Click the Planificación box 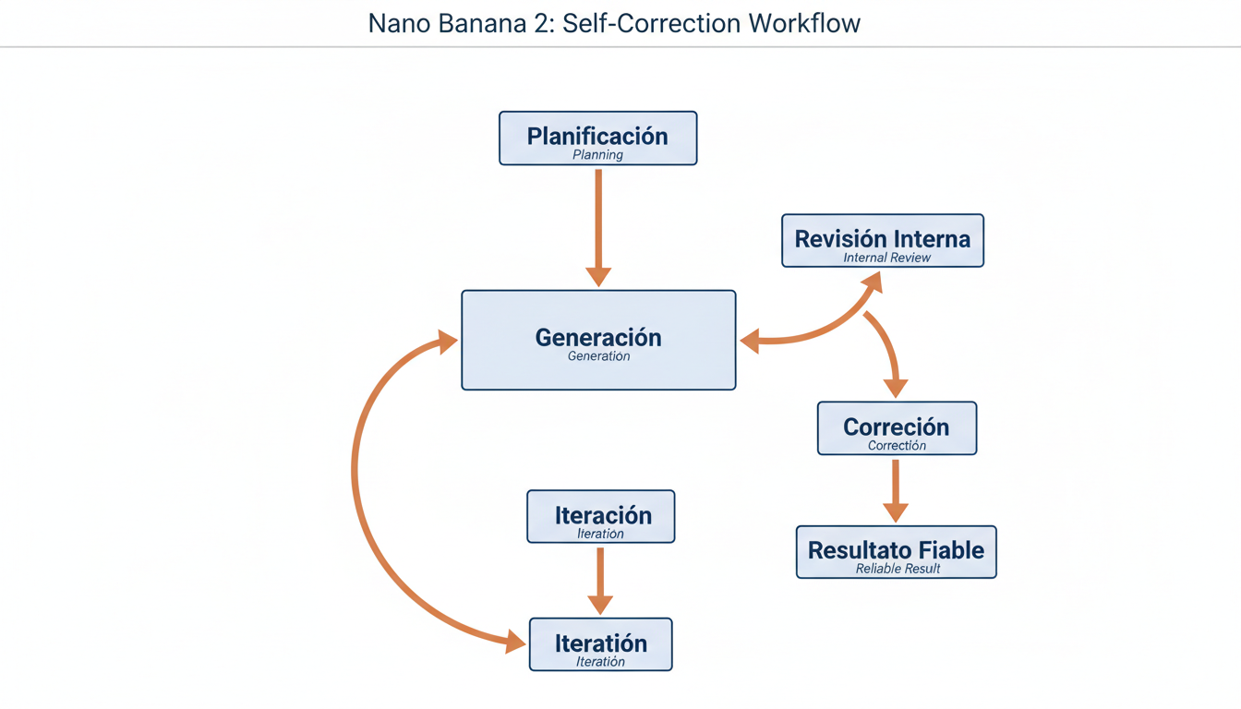[x=597, y=138]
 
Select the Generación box [x=598, y=340]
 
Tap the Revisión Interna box [x=883, y=241]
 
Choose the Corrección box [x=897, y=428]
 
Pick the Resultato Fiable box [x=896, y=552]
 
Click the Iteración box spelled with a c [x=600, y=516]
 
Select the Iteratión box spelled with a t [x=600, y=644]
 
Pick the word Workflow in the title [x=801, y=23]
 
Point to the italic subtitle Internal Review [x=886, y=258]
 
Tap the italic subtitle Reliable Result [x=898, y=569]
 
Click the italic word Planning [x=597, y=155]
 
